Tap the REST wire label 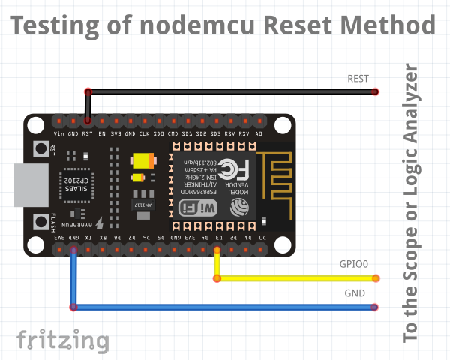point(358,78)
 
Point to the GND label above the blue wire point(355,292)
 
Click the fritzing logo point(62,340)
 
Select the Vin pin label point(58,133)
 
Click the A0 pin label point(259,133)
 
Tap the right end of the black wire point(375,92)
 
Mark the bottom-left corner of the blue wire point(73,307)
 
